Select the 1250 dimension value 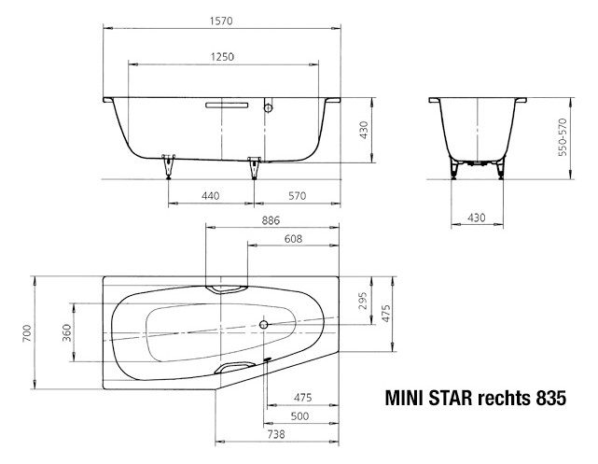pos(221,57)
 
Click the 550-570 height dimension pos(563,137)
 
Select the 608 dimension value pos(293,239)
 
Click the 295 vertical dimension pos(364,302)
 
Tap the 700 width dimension pos(27,331)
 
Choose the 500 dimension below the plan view pos(300,416)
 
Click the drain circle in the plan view pos(265,326)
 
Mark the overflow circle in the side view pos(269,108)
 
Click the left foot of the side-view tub pos(169,164)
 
